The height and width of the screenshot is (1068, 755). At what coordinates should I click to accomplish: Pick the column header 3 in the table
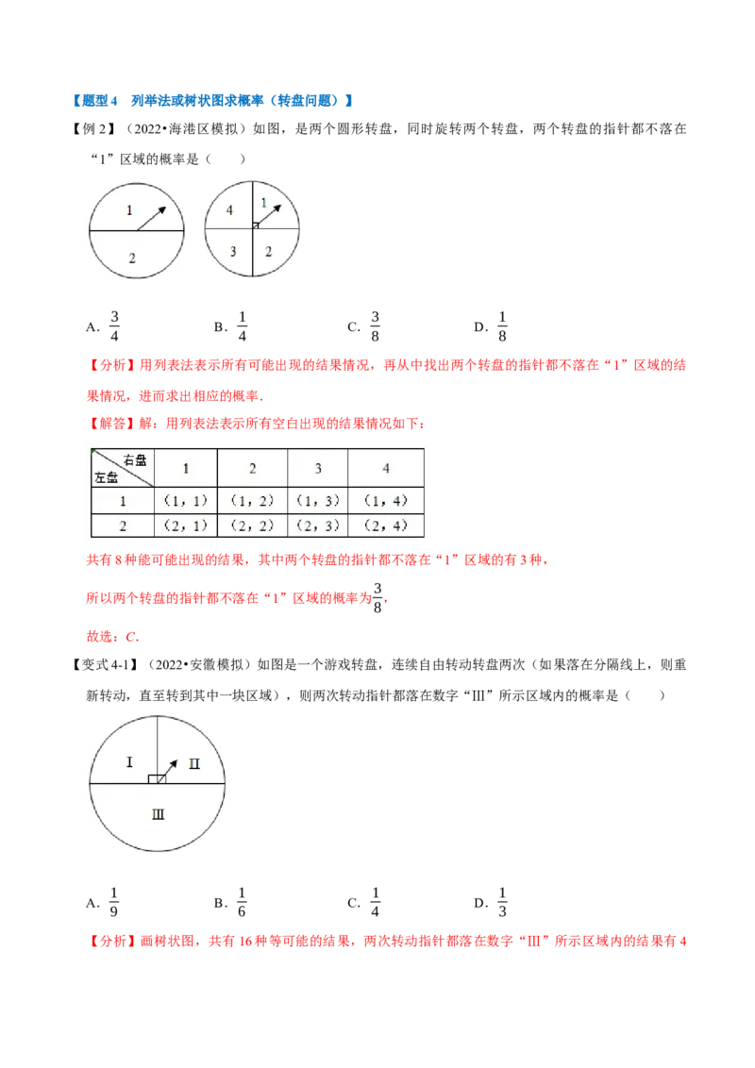(x=317, y=469)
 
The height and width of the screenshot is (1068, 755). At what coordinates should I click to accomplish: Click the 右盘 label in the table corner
(x=134, y=460)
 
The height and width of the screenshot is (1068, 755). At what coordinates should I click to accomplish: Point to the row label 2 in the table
(x=123, y=526)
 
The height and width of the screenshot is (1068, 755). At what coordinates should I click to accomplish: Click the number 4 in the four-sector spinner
(x=229, y=210)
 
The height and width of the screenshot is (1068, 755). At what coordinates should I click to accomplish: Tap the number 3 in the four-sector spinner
(x=233, y=251)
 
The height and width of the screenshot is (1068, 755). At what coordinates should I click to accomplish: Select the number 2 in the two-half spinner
(x=132, y=259)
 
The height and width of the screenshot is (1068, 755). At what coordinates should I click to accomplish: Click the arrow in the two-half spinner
(x=151, y=219)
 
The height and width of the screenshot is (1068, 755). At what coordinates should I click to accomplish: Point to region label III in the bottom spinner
(x=159, y=814)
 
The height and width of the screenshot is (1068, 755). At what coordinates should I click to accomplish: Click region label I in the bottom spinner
(x=129, y=761)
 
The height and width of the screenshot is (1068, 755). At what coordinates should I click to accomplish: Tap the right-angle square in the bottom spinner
(x=157, y=778)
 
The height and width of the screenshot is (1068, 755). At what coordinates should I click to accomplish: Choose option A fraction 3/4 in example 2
(x=114, y=326)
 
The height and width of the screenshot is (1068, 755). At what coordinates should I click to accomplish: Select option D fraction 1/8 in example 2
(x=502, y=326)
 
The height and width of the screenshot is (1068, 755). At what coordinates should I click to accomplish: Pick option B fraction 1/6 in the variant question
(x=242, y=903)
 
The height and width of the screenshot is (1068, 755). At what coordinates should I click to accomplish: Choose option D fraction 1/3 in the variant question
(x=502, y=903)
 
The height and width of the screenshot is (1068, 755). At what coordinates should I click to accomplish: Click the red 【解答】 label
(x=112, y=424)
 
